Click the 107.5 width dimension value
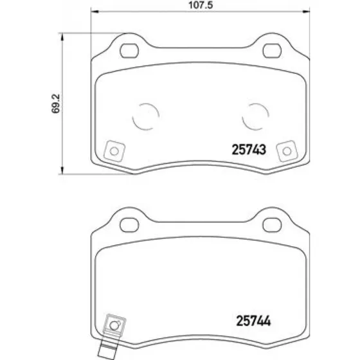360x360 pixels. [x=201, y=5]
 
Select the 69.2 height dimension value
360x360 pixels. [x=55, y=104]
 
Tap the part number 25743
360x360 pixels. [x=249, y=149]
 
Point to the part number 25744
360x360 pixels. [x=253, y=321]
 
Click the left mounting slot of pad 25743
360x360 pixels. [x=129, y=51]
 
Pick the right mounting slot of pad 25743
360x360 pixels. [x=272, y=51]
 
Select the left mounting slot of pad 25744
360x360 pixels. [x=129, y=225]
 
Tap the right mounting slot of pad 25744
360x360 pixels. [x=272, y=225]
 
